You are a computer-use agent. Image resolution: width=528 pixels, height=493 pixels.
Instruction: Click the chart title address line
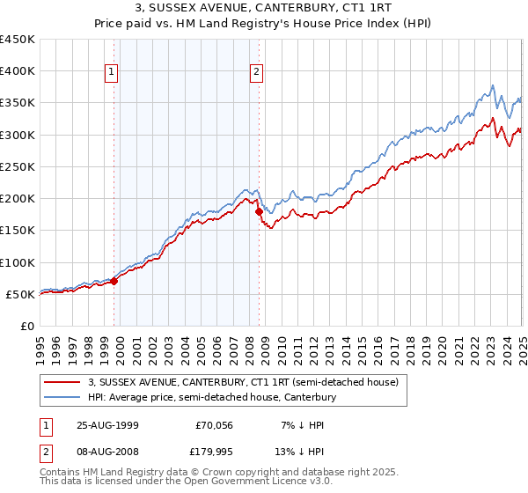263,9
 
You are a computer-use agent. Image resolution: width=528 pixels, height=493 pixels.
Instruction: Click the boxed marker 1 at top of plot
114,73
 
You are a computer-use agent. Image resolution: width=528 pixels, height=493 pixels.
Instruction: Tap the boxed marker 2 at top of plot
256,73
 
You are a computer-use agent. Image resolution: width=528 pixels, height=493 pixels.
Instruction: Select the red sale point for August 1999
114,281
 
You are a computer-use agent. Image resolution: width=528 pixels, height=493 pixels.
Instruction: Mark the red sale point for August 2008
259,211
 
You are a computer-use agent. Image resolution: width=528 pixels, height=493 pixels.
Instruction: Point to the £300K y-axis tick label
18,135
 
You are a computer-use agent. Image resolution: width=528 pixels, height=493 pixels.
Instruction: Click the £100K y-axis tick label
18,262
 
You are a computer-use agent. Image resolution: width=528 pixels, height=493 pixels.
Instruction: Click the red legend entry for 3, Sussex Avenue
243,382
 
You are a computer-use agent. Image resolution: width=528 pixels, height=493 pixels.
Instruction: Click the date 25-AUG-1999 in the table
107,425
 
